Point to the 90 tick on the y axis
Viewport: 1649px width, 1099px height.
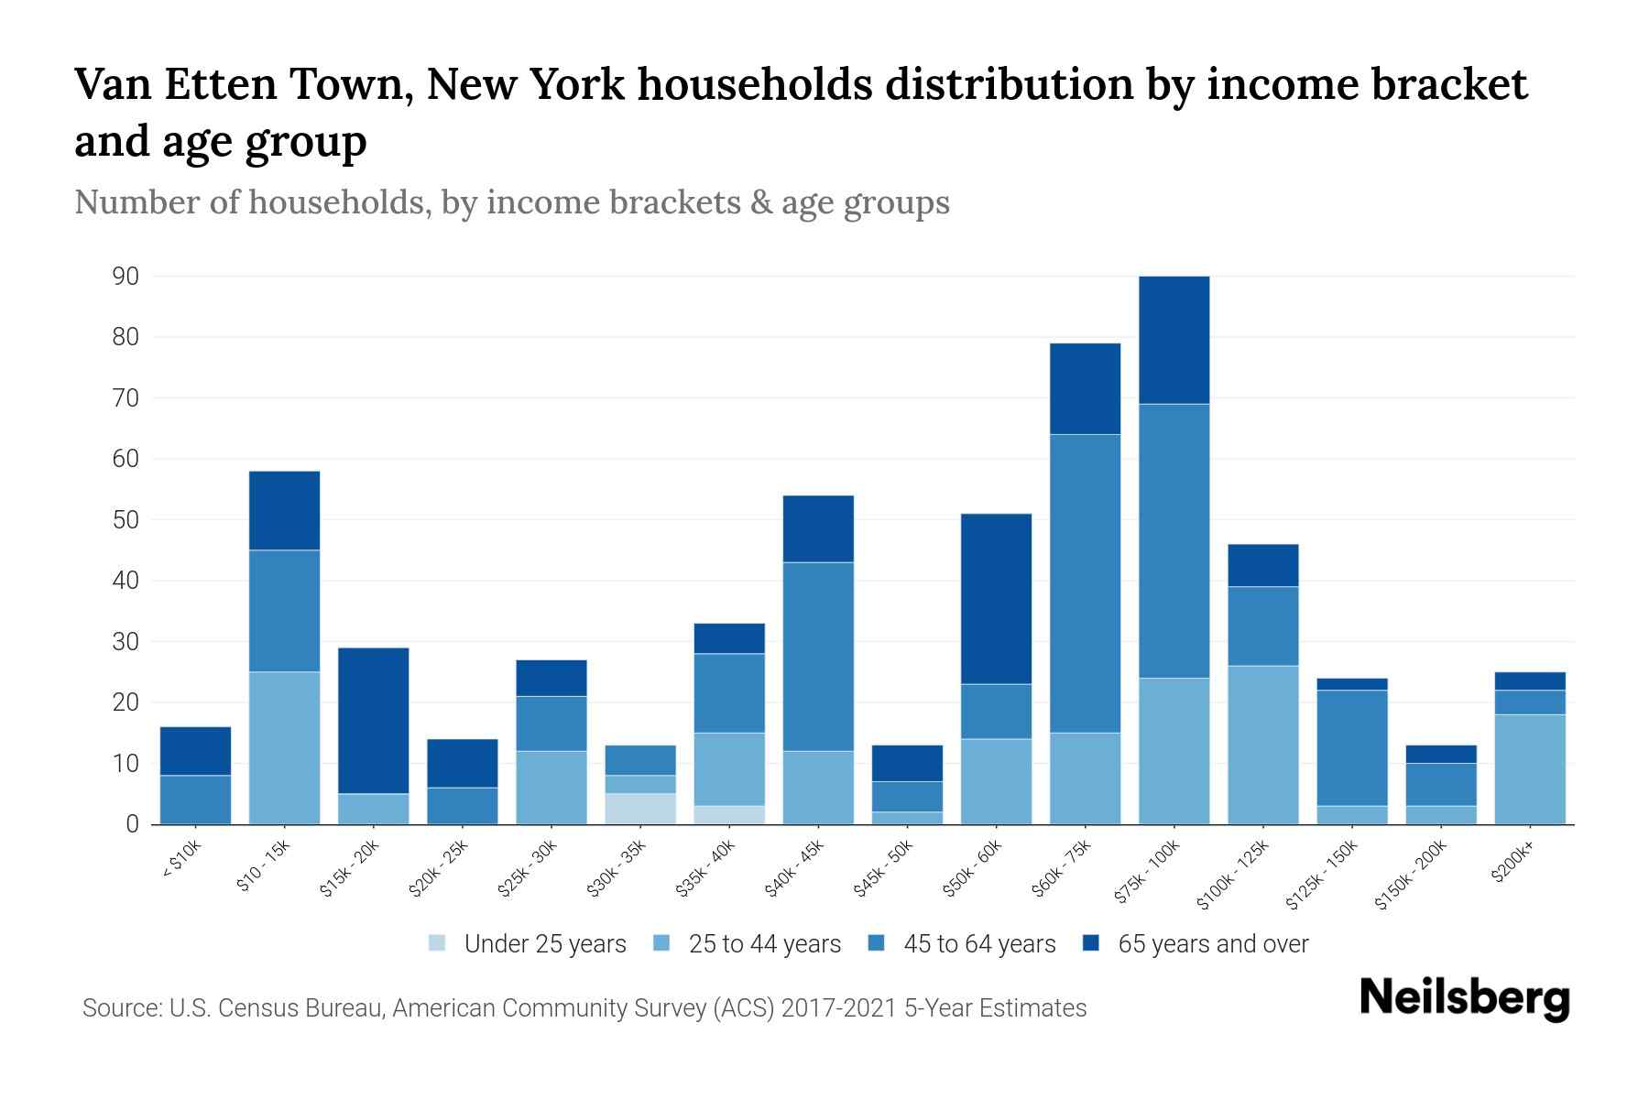tap(126, 277)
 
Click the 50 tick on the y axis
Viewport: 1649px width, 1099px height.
tap(126, 520)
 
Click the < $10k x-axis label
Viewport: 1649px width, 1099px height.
tap(181, 862)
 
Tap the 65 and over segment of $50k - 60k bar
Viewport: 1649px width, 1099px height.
tap(996, 599)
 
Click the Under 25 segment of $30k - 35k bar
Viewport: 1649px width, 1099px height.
tap(640, 809)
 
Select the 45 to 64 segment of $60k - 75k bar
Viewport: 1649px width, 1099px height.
tap(1085, 583)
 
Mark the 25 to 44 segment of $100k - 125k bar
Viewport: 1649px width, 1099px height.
tap(1262, 745)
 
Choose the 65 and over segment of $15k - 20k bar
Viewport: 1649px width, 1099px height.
tap(374, 721)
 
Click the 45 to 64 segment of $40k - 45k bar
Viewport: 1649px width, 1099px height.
tap(818, 657)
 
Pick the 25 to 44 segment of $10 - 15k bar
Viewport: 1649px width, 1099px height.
tap(285, 748)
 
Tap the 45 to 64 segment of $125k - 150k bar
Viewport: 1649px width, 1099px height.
tap(1351, 747)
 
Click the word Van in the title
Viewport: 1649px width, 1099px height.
tap(110, 85)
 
